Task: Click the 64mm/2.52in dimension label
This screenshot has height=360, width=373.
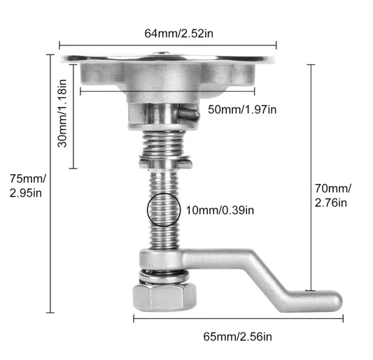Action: click(x=168, y=33)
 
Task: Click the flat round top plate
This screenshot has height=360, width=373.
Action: click(x=168, y=59)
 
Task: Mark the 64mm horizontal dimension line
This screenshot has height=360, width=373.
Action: click(x=168, y=45)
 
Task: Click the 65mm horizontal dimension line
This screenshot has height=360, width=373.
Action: click(x=239, y=319)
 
